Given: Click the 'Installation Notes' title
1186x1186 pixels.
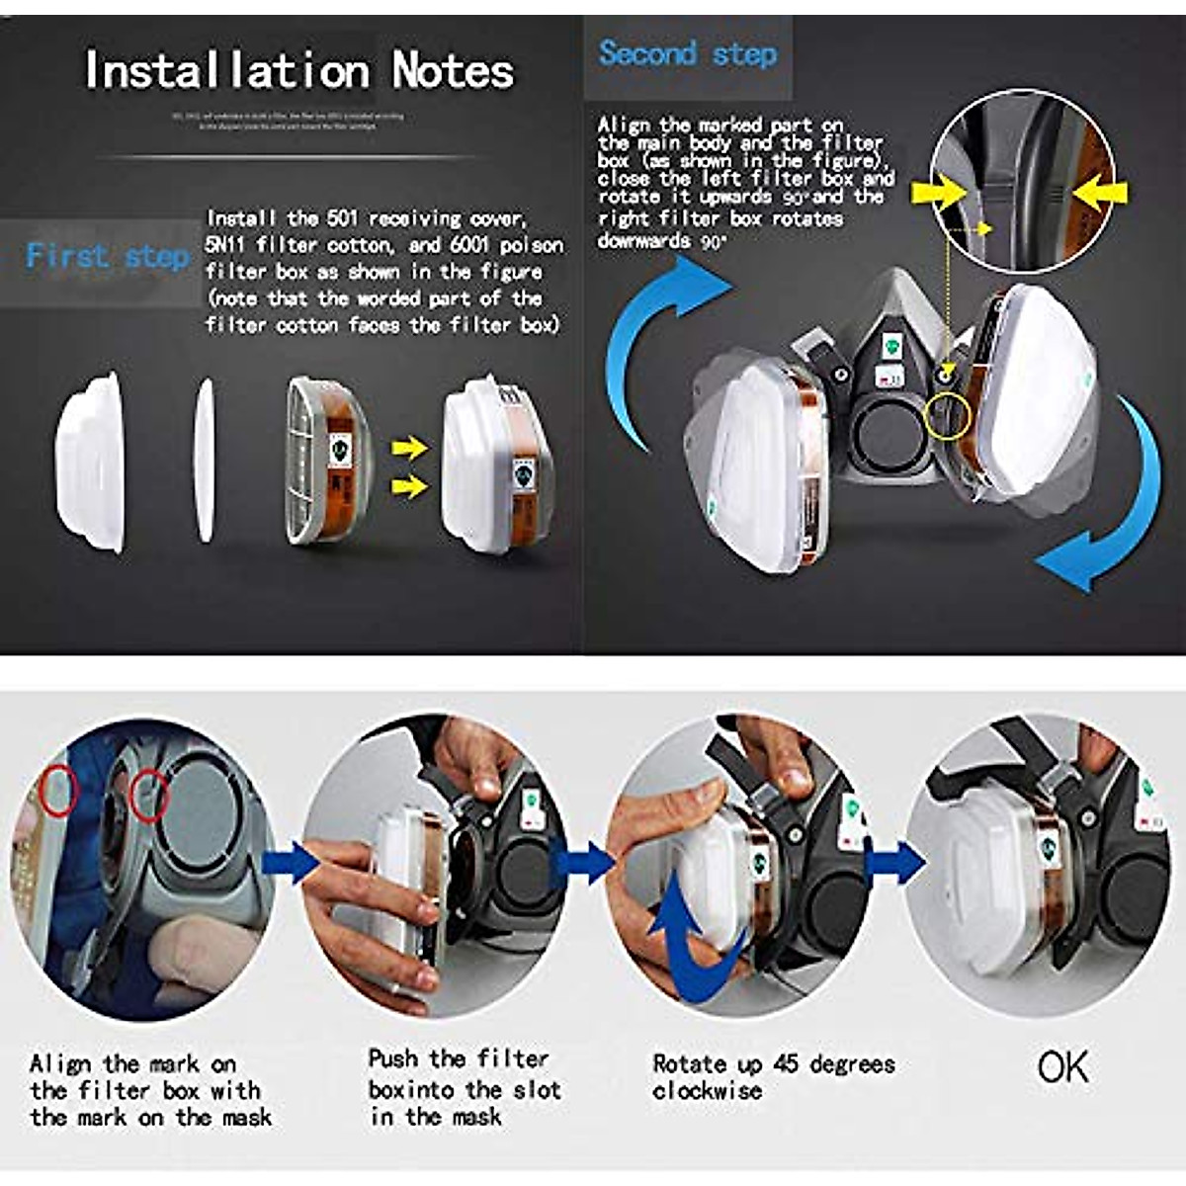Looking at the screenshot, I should pyautogui.click(x=298, y=70).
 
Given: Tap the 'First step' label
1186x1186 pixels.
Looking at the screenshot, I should pyautogui.click(x=108, y=257).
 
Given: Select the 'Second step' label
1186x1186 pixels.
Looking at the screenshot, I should pyautogui.click(x=687, y=53).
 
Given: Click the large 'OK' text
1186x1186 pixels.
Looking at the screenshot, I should pyautogui.click(x=1062, y=1067).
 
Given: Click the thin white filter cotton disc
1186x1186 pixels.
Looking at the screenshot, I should pyautogui.click(x=205, y=462).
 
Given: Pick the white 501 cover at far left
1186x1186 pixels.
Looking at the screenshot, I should pyautogui.click(x=92, y=462).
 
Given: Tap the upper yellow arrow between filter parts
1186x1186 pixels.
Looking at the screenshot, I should pyautogui.click(x=408, y=450).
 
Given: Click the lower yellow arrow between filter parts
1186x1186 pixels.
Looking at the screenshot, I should pyautogui.click(x=408, y=485).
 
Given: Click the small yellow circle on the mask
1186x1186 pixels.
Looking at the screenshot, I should pyautogui.click(x=947, y=417).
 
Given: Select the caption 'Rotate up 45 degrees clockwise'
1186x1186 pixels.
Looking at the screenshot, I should pyautogui.click(x=773, y=1077).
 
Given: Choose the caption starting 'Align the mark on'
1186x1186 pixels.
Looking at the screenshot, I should pyautogui.click(x=148, y=1091).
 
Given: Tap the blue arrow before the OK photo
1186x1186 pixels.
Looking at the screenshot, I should pyautogui.click(x=894, y=862).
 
